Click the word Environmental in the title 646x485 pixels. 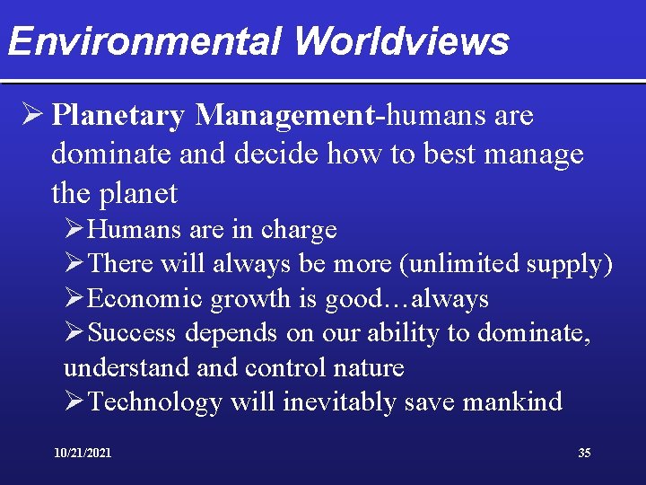144,40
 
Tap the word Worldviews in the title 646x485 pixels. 400,40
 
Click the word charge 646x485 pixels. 299,230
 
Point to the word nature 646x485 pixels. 370,367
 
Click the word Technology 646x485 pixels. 155,402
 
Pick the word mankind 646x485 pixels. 512,402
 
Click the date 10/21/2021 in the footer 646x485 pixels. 83,454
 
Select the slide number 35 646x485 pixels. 584,454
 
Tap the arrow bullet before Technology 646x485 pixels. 74,402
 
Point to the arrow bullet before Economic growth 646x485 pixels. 74,298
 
